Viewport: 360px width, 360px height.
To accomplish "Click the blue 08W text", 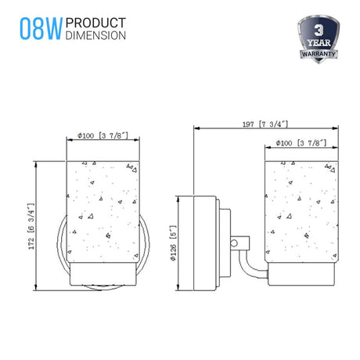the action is (41, 29).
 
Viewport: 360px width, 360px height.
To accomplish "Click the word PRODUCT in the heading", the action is (95, 23).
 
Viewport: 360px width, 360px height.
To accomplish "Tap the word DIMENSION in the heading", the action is (95, 35).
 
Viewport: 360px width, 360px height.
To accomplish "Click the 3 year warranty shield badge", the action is (319, 39).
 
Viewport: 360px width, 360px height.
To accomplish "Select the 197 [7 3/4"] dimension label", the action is (265, 124).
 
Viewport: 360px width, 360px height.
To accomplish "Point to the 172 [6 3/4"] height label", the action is (31, 226).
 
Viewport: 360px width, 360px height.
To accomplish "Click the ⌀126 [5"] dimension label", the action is (174, 243).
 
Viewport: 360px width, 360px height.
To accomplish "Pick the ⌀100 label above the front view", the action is (103, 135).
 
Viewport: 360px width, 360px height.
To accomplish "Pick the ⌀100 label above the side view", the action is (301, 143).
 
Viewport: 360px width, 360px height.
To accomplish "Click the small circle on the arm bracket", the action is (234, 243).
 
